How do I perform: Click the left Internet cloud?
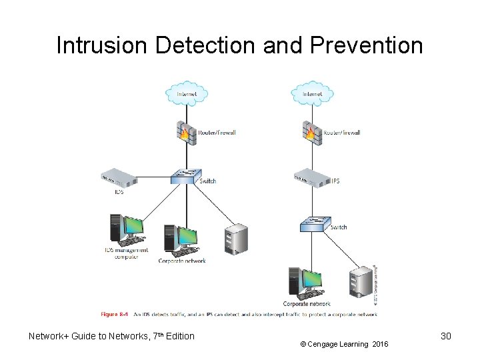click(x=186, y=93)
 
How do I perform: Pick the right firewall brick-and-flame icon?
click(x=311, y=131)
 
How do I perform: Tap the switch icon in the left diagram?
click(x=185, y=177)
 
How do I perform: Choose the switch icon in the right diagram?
click(x=311, y=225)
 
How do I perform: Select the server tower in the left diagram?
click(x=236, y=239)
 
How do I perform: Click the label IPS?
click(x=335, y=181)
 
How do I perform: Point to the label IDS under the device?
click(x=119, y=192)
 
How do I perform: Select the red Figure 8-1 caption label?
click(x=114, y=313)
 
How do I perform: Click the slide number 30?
click(x=446, y=336)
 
